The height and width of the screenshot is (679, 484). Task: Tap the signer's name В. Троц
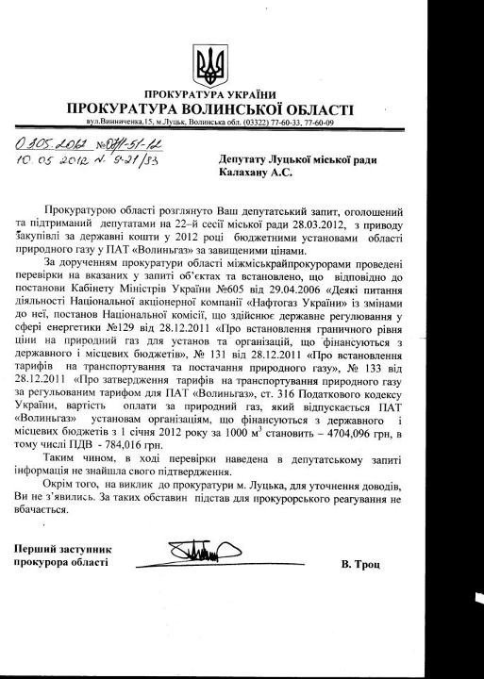pyautogui.click(x=362, y=563)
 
